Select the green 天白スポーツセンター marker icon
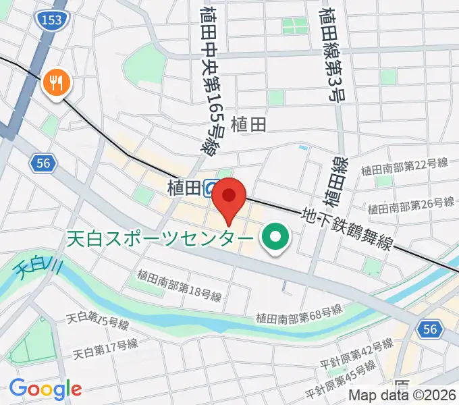[x=275, y=238]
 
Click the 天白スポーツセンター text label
[x=161, y=239]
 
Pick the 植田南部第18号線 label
[x=179, y=283]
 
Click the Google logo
[x=45, y=388]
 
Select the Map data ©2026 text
[x=402, y=396]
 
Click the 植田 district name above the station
[x=248, y=125]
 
